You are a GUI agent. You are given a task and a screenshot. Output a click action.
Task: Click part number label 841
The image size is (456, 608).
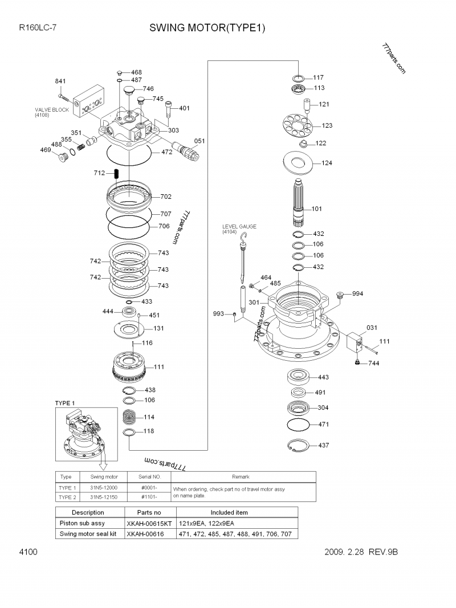click(x=60, y=81)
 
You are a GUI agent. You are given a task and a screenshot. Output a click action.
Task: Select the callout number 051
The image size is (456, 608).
click(x=199, y=141)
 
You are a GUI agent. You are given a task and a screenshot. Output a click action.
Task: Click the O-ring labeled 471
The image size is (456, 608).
click(x=299, y=425)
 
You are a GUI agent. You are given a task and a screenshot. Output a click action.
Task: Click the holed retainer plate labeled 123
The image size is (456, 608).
click(x=298, y=125)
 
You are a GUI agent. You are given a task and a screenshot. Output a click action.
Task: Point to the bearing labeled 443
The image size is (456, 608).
click(x=299, y=377)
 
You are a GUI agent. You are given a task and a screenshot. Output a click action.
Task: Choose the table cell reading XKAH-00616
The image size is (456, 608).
click(x=145, y=534)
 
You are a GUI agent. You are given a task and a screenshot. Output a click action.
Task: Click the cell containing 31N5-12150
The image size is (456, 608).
click(x=104, y=497)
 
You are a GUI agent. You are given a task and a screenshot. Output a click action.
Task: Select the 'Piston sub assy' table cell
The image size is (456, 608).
click(x=83, y=523)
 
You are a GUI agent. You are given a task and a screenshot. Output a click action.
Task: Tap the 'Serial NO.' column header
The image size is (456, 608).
click(x=150, y=476)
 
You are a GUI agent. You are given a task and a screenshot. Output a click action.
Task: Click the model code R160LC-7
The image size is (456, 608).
click(x=36, y=27)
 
